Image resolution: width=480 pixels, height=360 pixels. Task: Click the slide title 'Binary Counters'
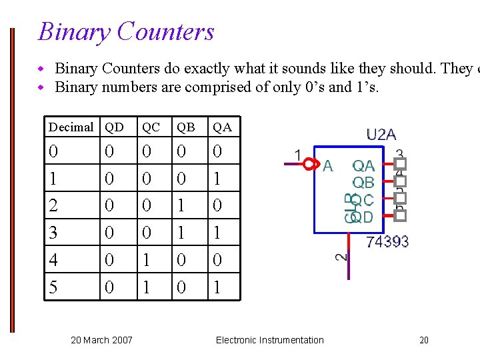[126, 31]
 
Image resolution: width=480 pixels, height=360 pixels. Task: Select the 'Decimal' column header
[71, 127]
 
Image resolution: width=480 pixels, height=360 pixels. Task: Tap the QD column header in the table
[114, 127]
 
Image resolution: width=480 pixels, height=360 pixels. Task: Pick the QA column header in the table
[222, 127]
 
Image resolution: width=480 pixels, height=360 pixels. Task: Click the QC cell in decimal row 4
[146, 260]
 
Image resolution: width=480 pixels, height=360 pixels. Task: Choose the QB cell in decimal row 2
[181, 205]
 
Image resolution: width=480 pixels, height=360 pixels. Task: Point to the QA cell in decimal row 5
[217, 287]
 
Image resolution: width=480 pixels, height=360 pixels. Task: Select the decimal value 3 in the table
[53, 233]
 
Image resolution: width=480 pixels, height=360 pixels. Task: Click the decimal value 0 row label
[53, 152]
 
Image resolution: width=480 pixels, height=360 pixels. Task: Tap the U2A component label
[381, 135]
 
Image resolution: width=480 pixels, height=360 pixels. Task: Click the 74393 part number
[387, 241]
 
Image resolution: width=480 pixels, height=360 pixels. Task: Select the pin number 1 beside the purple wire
[298, 155]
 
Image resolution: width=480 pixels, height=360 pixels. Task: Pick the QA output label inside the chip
[363, 165]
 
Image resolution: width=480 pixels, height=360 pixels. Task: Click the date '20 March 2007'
[101, 340]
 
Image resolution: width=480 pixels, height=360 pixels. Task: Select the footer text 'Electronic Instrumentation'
[269, 340]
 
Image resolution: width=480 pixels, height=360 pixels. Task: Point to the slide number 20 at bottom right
[424, 340]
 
